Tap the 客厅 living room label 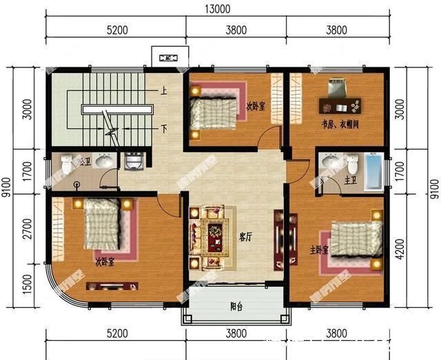[x=245, y=236]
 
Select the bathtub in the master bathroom [x=373, y=171]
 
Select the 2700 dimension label [x=27, y=227]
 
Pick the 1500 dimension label [x=27, y=284]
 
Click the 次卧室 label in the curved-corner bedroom [x=105, y=261]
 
